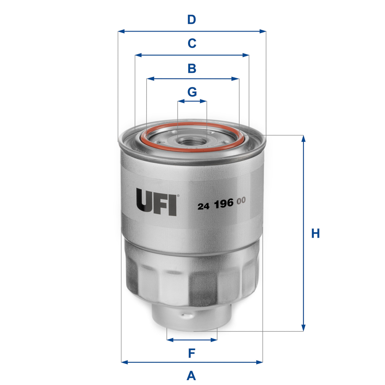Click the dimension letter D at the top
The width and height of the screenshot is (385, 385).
192,20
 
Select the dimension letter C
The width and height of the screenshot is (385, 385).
192,43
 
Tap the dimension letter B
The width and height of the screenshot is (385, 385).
192,68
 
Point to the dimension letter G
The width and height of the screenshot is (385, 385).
192,91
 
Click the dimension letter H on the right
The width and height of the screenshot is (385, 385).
316,234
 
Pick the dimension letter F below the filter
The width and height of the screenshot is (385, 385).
192,353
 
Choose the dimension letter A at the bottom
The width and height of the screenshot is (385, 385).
192,375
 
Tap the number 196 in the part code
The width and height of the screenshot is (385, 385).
223,205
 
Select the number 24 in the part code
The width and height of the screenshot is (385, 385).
204,206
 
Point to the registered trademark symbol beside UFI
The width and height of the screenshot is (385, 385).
178,196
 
